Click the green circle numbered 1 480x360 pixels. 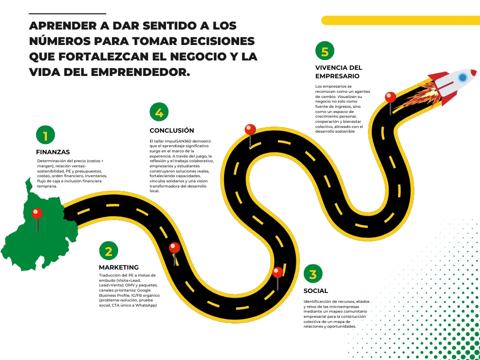[45, 135]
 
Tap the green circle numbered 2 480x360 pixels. [109, 251]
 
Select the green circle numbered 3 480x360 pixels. [313, 274]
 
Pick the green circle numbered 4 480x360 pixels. [159, 112]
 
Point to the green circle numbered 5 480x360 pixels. [325, 51]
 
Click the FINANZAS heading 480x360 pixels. [53, 152]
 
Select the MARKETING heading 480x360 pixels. [119, 267]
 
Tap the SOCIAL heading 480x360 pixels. [315, 291]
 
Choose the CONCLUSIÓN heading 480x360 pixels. [172, 130]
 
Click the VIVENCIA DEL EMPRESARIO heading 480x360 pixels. [338, 72]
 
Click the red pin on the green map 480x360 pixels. [37, 214]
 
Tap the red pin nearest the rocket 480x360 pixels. [390, 97]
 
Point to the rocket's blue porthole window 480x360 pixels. [463, 77]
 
